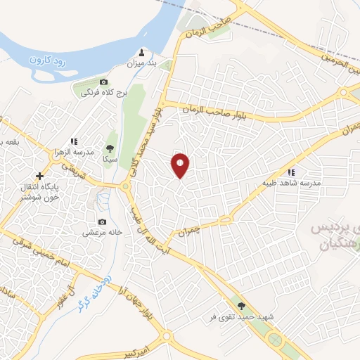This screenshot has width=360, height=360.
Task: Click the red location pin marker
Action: pos(181,165)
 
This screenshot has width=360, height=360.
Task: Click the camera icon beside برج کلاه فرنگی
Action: pos(104,82)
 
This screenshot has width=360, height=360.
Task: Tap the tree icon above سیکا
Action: pos(110,148)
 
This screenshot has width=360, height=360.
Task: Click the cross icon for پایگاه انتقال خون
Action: pos(39,176)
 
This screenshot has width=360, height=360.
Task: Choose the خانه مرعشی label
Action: pos(103,232)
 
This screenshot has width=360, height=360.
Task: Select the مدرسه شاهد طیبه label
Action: pos(300,183)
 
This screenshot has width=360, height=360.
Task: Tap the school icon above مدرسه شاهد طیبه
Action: pos(290,172)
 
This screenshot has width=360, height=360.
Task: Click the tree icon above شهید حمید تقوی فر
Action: pos(242,305)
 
